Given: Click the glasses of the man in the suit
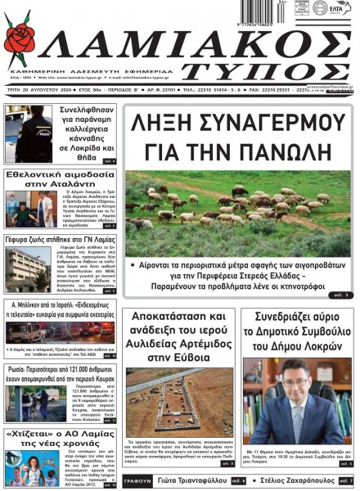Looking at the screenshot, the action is tap(297, 389).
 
